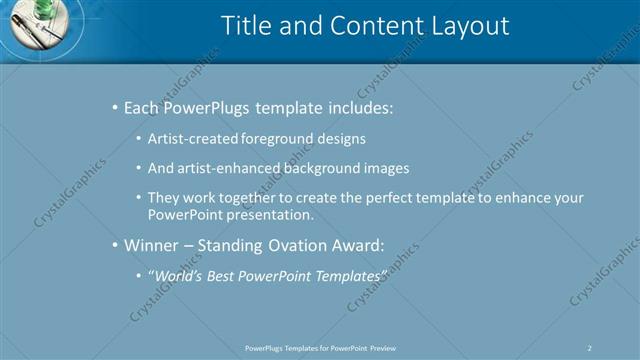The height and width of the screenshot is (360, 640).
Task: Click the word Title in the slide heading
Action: coord(245,26)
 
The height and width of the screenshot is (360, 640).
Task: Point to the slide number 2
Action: coord(589,348)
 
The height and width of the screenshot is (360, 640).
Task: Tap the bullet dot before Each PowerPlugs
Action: coord(114,107)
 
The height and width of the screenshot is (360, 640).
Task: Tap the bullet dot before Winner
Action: coord(114,244)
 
